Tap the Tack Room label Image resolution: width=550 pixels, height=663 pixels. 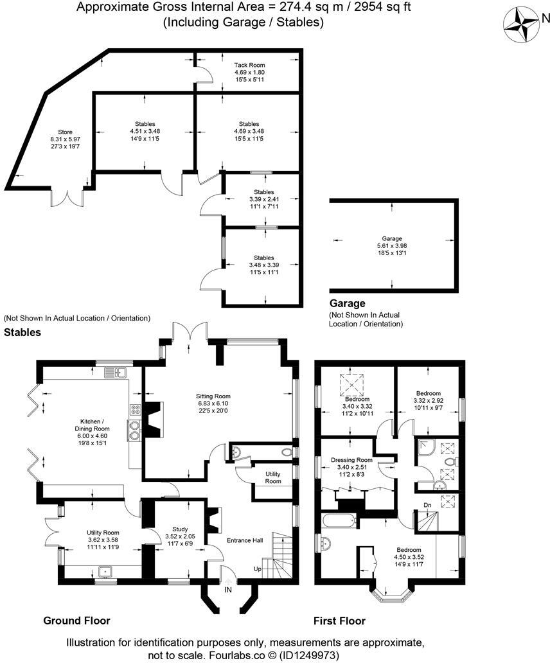point(249,65)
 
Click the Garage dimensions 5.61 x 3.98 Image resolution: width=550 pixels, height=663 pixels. point(393,245)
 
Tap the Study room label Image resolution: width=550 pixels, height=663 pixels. point(175,529)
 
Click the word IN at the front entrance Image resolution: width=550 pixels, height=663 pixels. point(228,588)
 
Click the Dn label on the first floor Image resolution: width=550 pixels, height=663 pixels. point(427,506)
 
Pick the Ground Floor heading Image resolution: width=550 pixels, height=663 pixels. point(76,621)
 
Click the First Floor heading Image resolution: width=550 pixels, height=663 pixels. point(339,621)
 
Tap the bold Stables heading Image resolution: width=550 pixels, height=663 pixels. point(22,332)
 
